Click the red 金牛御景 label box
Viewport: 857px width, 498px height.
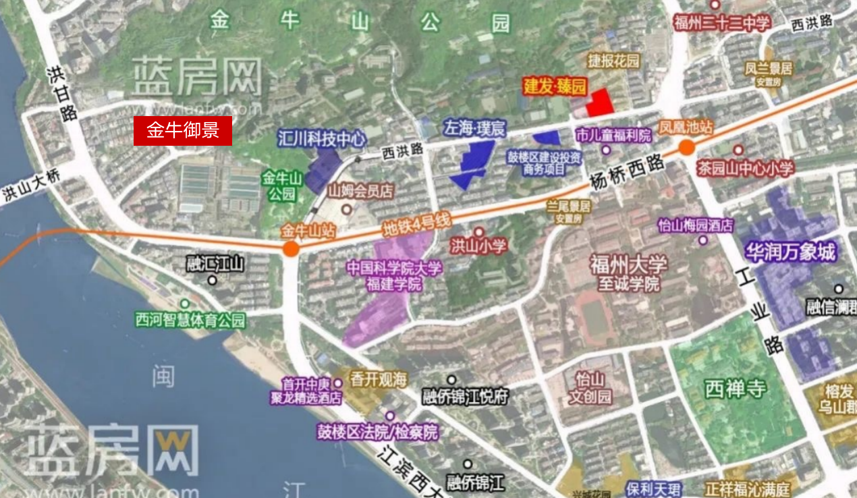[183, 131]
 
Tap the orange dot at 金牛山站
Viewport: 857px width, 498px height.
[291, 248]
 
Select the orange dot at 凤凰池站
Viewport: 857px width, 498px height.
[686, 148]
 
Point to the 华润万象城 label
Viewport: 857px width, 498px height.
[790, 252]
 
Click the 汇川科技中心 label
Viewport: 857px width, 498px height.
[322, 139]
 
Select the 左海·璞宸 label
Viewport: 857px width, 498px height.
[474, 128]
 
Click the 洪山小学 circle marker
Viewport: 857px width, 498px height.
[478, 232]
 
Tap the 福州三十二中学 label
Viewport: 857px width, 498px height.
[722, 24]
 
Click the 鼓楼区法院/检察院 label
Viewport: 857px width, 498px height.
[378, 433]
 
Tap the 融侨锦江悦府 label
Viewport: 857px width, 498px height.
[465, 396]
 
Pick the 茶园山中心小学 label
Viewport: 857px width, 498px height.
[745, 168]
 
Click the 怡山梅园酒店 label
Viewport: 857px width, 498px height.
[695, 225]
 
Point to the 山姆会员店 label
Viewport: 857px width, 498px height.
[360, 192]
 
